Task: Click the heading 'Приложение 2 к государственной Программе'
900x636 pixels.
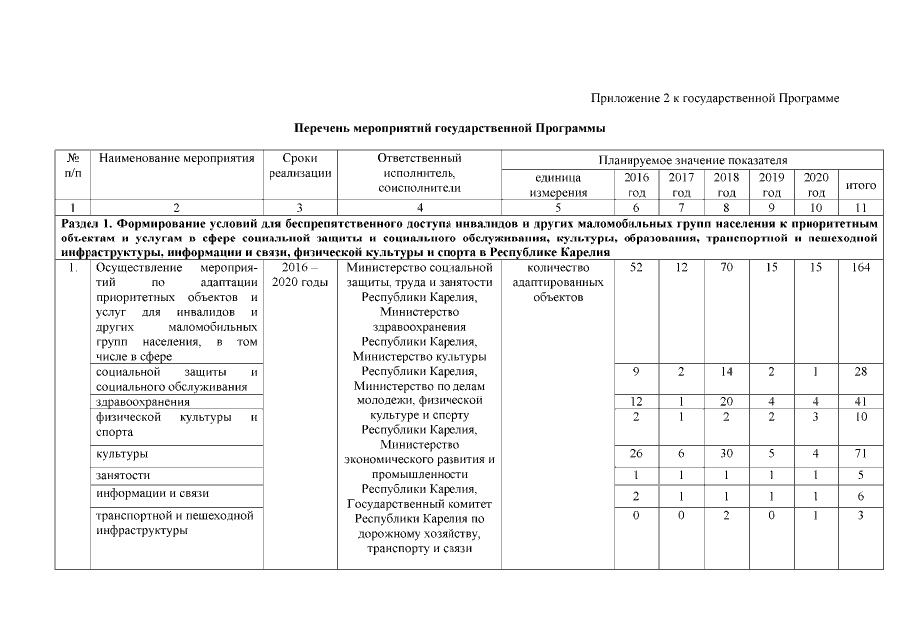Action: pos(715,98)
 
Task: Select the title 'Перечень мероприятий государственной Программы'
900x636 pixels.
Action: pos(450,128)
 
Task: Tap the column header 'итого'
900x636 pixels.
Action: pos(860,185)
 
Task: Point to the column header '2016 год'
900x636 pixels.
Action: pos(635,184)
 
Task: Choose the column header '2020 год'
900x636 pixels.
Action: pos(815,184)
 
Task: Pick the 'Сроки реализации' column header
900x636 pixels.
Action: pos(299,166)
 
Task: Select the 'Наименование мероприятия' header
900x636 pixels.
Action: pos(175,158)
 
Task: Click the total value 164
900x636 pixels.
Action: pos(860,268)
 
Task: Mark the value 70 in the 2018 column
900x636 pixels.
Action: pos(726,268)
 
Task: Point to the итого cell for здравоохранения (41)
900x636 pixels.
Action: pos(860,402)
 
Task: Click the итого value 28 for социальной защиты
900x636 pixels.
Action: pos(860,371)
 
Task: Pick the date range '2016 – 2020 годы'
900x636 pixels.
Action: pos(299,276)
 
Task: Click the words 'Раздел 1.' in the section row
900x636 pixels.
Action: pos(89,224)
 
